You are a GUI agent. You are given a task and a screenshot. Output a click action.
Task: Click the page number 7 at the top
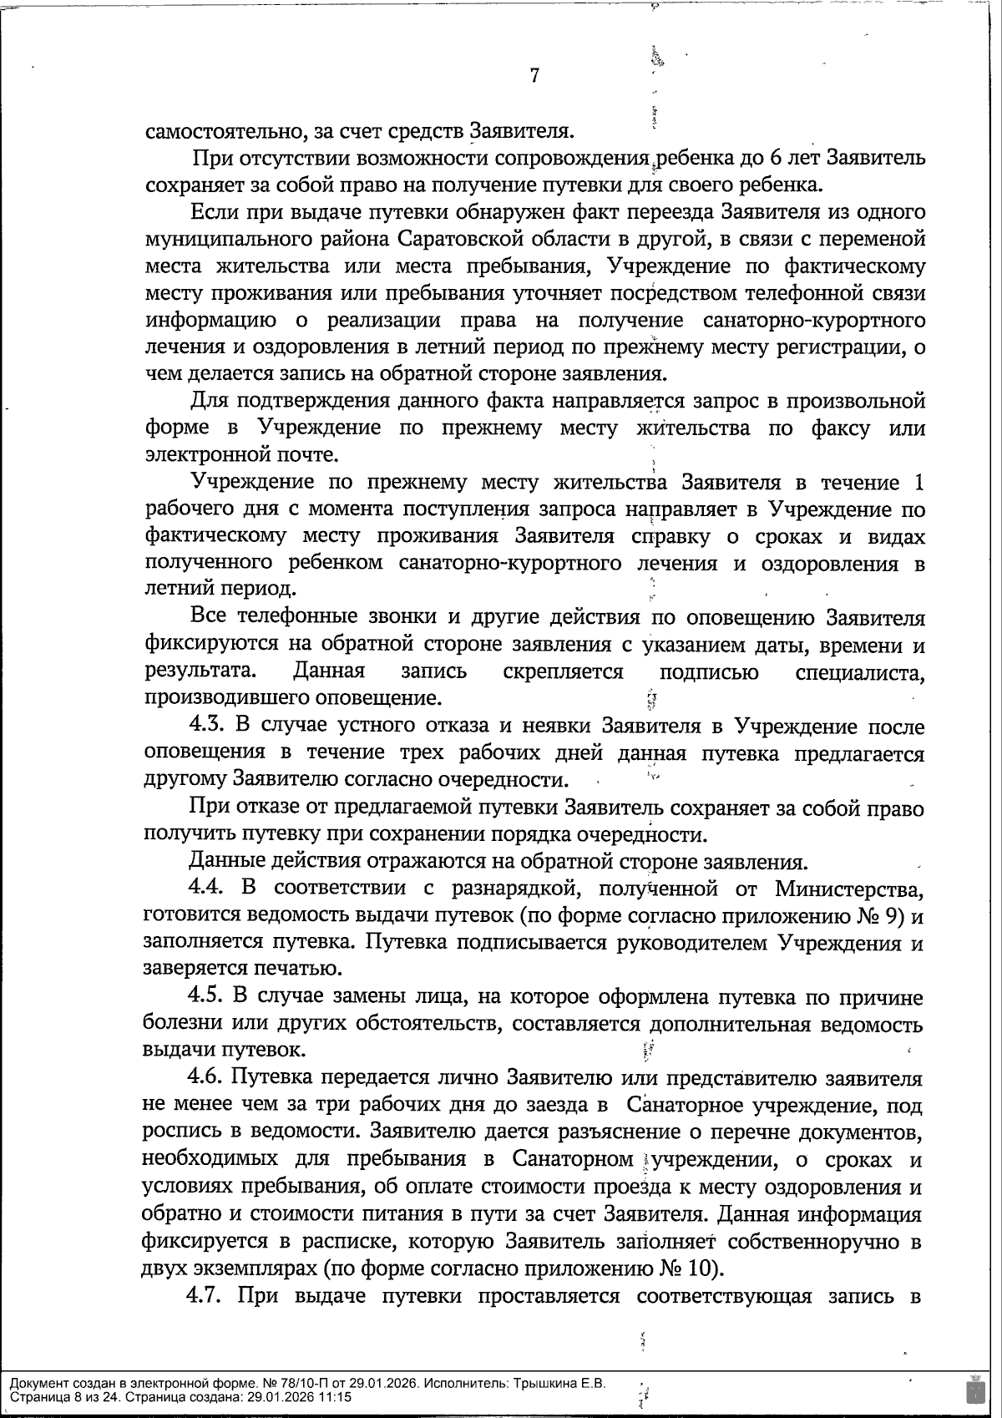(534, 76)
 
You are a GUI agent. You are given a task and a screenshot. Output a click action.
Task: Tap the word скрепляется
(564, 671)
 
